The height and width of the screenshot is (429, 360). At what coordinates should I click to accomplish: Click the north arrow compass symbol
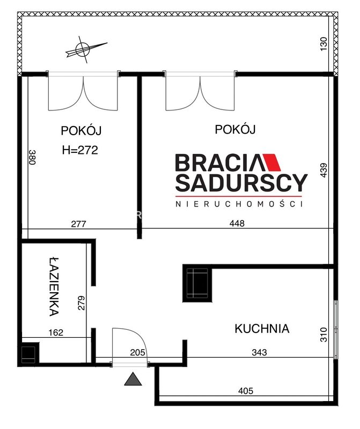(83, 49)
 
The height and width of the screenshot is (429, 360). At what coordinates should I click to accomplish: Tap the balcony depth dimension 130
(324, 44)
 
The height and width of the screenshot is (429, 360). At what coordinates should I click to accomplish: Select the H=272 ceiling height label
(80, 150)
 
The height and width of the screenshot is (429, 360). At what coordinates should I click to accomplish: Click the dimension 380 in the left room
(32, 157)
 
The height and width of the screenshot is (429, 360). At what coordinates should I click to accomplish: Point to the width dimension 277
(78, 224)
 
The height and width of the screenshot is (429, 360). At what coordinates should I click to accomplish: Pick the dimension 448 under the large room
(237, 224)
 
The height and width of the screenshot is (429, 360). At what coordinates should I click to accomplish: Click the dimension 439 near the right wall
(324, 170)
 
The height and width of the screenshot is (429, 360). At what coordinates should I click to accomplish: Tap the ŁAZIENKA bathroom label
(55, 286)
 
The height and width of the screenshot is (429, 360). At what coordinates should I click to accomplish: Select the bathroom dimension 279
(82, 303)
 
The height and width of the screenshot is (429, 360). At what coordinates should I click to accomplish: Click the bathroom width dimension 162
(56, 332)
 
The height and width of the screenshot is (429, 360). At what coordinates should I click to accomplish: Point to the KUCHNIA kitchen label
(262, 329)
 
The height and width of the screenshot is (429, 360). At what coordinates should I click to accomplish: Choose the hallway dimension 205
(137, 352)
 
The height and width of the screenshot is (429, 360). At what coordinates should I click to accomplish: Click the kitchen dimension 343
(259, 352)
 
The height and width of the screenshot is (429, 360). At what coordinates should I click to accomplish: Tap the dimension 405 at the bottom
(246, 391)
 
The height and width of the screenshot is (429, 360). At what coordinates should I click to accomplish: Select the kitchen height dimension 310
(324, 334)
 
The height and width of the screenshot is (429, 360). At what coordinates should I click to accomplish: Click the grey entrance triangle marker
(133, 379)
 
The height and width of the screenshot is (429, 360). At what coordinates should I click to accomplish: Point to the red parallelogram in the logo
(271, 162)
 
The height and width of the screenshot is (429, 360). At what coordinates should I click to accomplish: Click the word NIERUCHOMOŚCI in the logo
(239, 204)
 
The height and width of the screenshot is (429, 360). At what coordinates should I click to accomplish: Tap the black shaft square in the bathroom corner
(28, 354)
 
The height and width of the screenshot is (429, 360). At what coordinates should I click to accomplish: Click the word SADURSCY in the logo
(241, 182)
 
